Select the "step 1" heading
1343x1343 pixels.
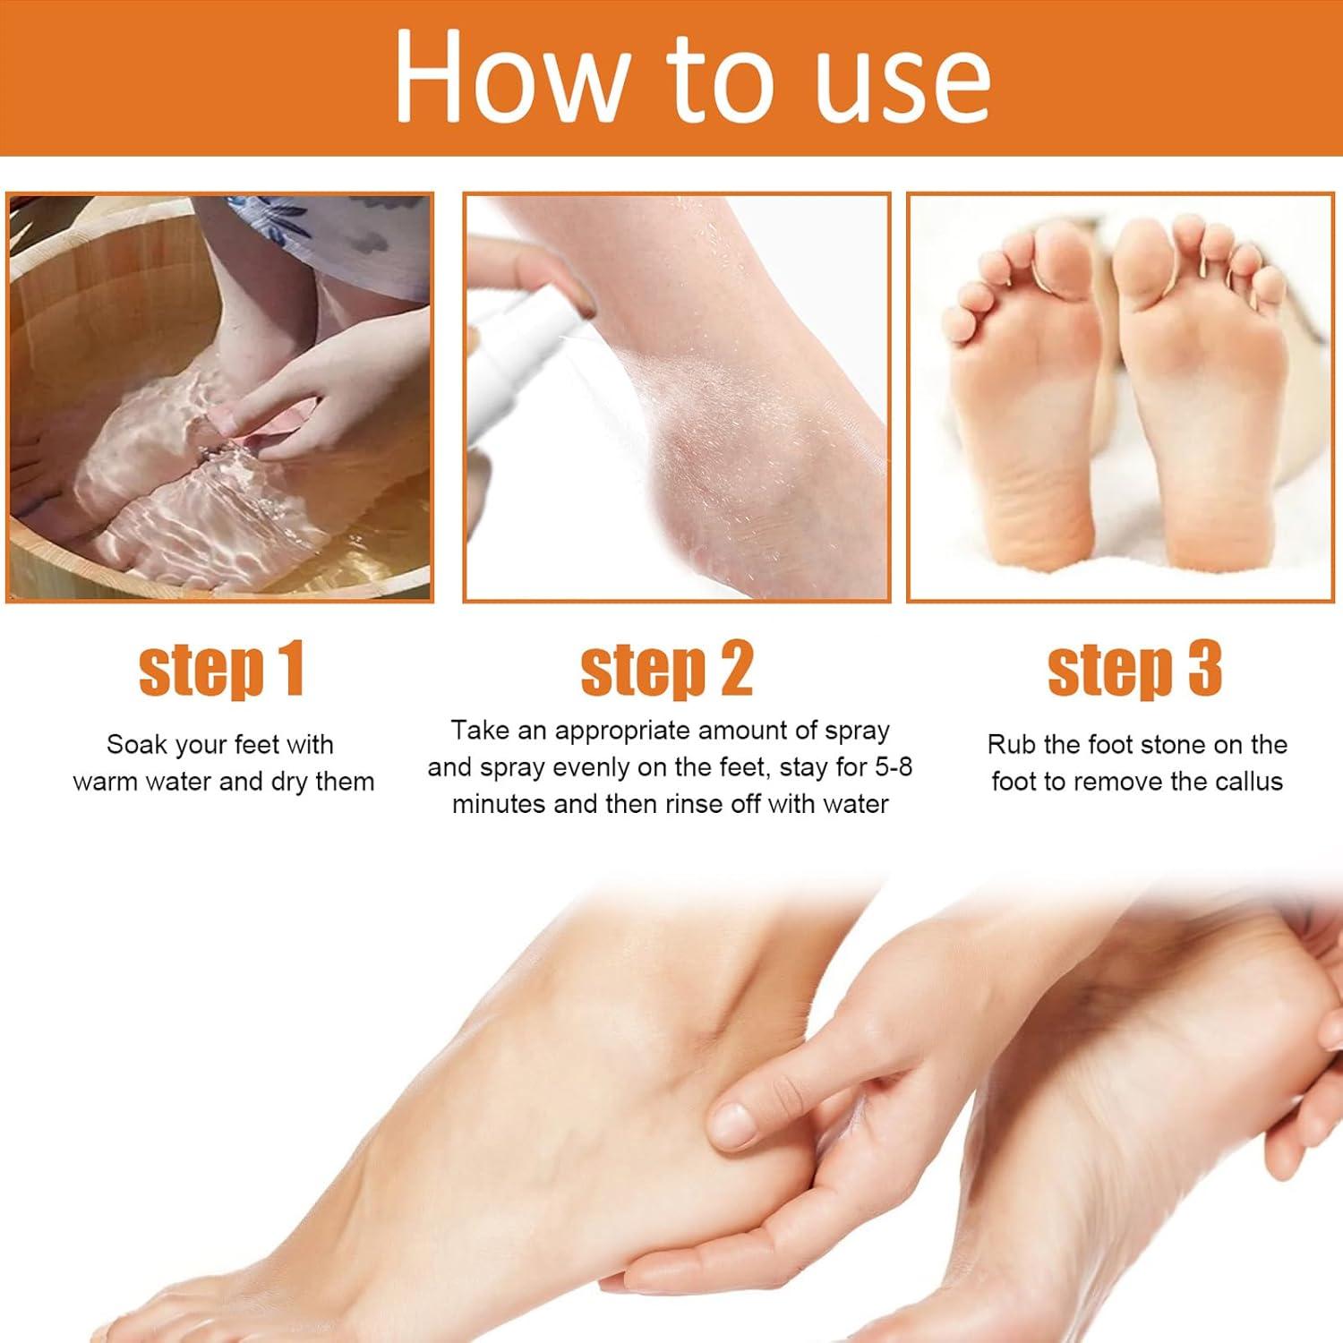point(221,669)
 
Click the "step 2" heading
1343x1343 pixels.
point(667,669)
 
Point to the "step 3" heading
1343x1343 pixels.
point(1134,669)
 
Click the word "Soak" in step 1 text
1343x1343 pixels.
point(137,745)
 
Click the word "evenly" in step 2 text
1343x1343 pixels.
point(592,767)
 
